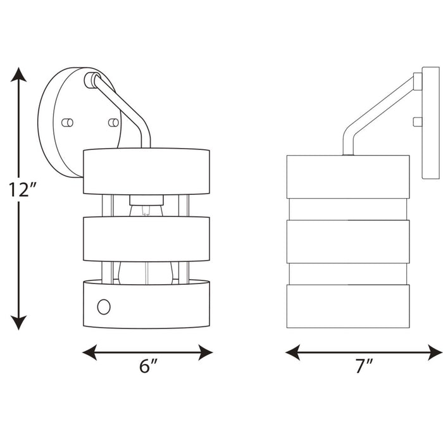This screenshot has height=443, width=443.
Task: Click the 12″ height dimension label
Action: coord(23,190)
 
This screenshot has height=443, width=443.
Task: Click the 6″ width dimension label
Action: coord(148,366)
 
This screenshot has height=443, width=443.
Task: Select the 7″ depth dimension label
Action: coord(365,366)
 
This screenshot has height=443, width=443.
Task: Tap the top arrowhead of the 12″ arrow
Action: coord(18,75)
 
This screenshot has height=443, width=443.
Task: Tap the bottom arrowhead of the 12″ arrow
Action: coord(18,322)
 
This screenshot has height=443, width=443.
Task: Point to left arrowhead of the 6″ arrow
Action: coord(90,353)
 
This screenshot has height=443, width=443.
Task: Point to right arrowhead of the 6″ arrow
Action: coord(206,353)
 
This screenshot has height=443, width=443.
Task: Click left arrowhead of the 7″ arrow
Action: coord(292,353)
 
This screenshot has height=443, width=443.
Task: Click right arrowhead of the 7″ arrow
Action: coord(435,353)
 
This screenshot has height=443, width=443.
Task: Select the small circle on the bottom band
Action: coord(104,306)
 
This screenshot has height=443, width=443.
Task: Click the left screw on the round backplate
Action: coord(67,123)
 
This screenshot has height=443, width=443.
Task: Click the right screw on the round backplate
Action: coord(113,123)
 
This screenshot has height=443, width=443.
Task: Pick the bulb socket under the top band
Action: coord(146,201)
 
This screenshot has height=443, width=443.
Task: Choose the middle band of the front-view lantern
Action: coord(146,239)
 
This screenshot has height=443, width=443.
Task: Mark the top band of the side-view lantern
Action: coord(348,177)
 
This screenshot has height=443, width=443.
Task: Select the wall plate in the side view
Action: coord(430,123)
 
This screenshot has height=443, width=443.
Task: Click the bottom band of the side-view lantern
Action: coord(348,306)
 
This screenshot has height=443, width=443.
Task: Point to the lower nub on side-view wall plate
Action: coord(418,122)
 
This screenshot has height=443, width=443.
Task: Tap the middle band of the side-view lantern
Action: coord(348,242)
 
